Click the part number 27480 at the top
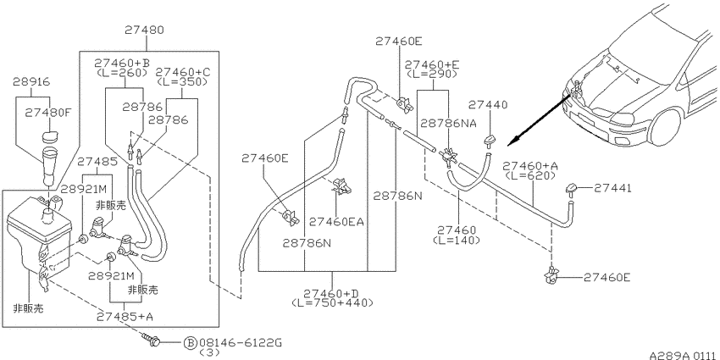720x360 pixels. click(x=145, y=30)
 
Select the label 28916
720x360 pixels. click(x=31, y=82)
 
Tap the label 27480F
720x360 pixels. click(x=47, y=112)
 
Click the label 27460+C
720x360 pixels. click(x=182, y=72)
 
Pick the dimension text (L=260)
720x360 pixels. click(x=122, y=72)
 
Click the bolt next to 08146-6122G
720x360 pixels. click(x=153, y=341)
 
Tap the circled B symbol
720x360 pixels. click(x=191, y=342)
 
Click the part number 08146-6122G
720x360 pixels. click(x=241, y=342)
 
